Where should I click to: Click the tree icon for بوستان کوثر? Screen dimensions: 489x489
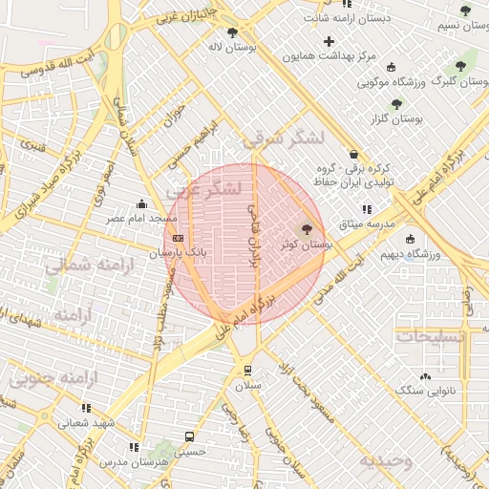307,229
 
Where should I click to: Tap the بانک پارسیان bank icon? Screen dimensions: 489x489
178,238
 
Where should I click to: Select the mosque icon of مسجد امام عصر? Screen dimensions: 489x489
142,203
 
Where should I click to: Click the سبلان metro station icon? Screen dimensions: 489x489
248,370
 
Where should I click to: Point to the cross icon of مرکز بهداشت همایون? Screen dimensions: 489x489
330,41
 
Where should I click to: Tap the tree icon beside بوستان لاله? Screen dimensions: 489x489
232,32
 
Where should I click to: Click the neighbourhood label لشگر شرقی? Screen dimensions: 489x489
284,139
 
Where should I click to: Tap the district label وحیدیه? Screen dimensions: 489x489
385,460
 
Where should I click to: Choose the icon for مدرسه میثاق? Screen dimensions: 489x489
366,209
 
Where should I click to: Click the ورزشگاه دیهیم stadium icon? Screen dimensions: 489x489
410,239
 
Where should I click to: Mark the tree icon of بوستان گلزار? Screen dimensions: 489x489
396,103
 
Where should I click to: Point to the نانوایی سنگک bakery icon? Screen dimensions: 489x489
424,376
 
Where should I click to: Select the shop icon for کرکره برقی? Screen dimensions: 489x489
353,154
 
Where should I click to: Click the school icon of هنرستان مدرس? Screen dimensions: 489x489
134,447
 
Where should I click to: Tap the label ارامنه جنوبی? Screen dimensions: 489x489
53,378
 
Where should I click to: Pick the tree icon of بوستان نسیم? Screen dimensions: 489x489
465,11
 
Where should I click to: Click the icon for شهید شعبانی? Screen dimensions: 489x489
87,408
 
